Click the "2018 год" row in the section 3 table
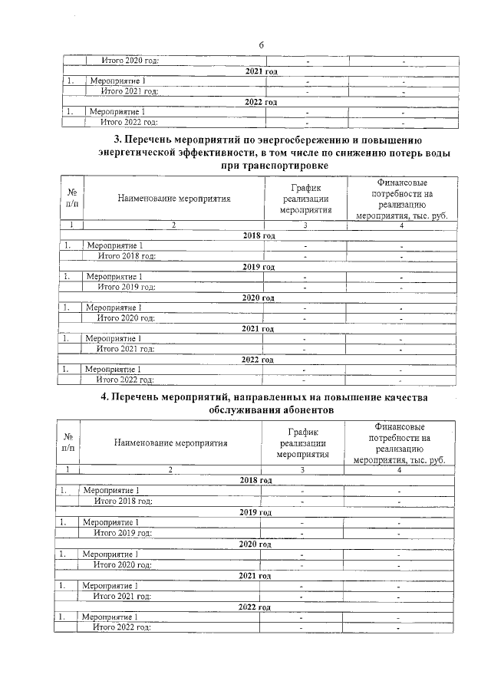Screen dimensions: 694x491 (x=258, y=235)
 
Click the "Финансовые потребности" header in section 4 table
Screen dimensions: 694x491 (x=398, y=442)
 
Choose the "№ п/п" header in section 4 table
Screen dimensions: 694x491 (x=68, y=442)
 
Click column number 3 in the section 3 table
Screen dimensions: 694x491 (x=305, y=225)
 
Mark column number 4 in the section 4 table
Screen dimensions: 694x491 (x=399, y=469)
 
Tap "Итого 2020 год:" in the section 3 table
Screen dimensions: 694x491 (x=126, y=317)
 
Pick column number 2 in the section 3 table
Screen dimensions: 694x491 (x=174, y=225)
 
